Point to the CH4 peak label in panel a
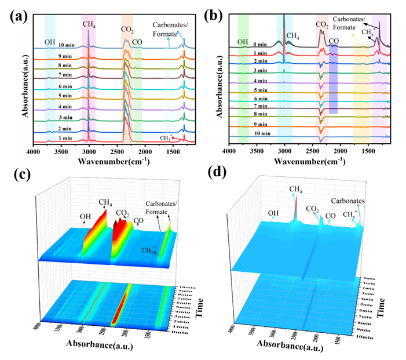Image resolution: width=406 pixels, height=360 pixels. tap(89, 24)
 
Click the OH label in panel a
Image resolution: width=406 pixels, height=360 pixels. tap(51, 42)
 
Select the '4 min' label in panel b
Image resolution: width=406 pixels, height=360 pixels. tap(243, 81)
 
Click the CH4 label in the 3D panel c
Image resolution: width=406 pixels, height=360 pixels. tap(105, 202)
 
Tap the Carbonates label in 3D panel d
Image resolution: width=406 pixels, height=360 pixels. tap(348, 202)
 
